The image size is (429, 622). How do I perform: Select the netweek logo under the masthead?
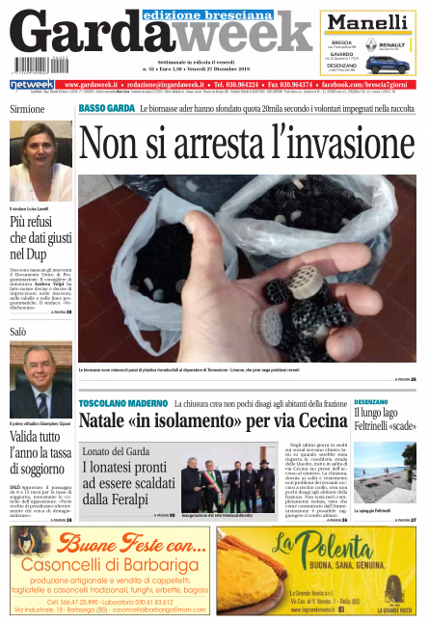(32, 85)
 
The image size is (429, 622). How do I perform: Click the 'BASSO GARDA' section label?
(106, 108)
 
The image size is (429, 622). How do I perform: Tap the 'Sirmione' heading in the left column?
(27, 109)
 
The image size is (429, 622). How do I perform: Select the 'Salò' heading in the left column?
(18, 331)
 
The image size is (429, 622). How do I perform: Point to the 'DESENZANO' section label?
(371, 400)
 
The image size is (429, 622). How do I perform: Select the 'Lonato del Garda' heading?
(117, 451)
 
